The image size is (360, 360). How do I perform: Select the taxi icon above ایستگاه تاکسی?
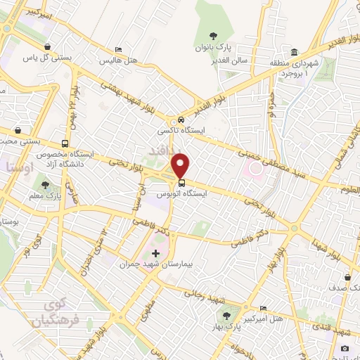pos(181,120)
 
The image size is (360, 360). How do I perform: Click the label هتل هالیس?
pos(115,61)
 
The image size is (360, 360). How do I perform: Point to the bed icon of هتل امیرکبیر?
pos(263,308)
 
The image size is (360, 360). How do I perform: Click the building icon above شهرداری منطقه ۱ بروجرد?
pos(294,52)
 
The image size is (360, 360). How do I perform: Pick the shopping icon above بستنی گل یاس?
pos(46,47)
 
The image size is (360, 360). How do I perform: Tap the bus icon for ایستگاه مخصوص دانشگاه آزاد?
pos(64,143)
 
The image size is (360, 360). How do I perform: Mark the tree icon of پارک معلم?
pos(46,185)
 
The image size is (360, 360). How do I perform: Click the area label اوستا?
pos(15,167)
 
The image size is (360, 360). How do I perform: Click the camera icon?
pos(345,348)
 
